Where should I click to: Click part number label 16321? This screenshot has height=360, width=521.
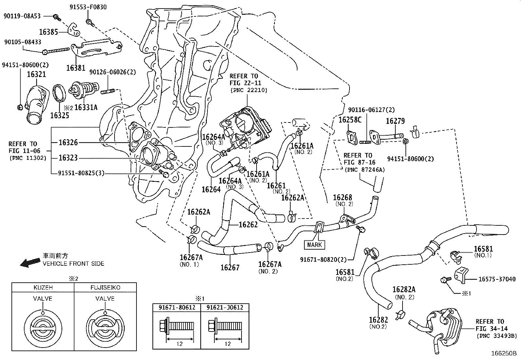point(36,74)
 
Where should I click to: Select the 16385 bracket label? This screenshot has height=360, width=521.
point(48,32)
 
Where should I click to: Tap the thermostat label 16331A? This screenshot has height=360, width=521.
point(86,107)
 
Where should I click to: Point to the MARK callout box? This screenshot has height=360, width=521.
point(314,244)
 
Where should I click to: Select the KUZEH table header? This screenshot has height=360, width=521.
point(43,288)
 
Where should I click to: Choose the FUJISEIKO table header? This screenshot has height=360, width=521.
point(105,288)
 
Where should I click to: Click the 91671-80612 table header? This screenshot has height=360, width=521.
point(177,308)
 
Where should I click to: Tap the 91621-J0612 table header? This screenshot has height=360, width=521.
point(225,308)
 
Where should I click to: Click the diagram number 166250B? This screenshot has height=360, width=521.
point(503,354)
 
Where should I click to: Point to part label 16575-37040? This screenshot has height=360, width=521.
point(497,279)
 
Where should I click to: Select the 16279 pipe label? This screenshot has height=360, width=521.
point(395,121)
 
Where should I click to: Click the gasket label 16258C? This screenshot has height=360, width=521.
point(350,120)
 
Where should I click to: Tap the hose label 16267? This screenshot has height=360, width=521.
point(230,267)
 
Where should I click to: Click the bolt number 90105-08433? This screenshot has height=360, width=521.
point(23,42)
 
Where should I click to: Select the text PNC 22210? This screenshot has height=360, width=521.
point(249,90)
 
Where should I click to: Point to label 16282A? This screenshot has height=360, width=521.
point(404,289)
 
